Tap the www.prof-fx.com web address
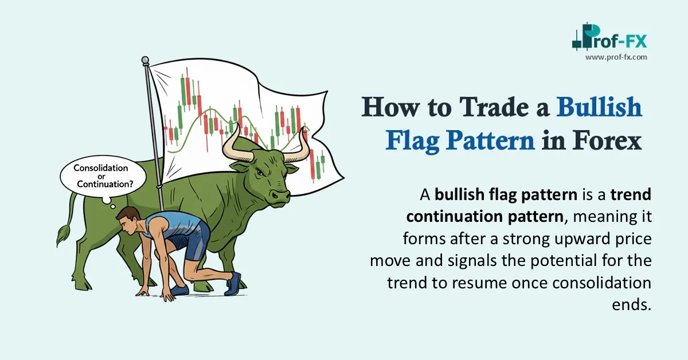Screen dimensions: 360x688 coord(616,57)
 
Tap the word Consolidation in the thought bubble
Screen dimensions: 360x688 coord(101,168)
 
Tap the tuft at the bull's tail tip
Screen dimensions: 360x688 coord(61,235)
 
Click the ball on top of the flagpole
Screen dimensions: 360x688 coord(145,60)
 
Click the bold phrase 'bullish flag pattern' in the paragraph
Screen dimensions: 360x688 coord(506,195)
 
